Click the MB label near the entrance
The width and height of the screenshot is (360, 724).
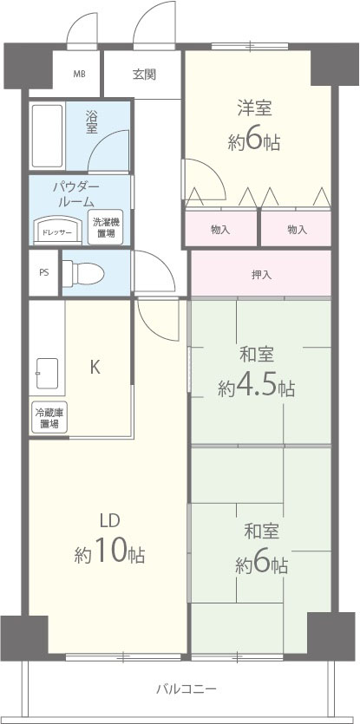click(x=79, y=75)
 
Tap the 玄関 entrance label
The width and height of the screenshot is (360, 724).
click(x=144, y=75)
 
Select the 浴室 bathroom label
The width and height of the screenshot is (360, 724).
click(x=91, y=121)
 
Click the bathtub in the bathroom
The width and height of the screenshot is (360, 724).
click(x=46, y=135)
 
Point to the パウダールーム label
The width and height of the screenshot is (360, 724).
click(x=76, y=194)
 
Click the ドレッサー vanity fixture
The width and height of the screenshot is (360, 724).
click(x=56, y=232)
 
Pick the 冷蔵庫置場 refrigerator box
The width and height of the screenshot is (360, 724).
click(x=48, y=419)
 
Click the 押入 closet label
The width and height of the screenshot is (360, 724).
click(x=261, y=275)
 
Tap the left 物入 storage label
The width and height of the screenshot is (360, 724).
click(x=220, y=230)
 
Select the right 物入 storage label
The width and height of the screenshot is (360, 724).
click(x=297, y=230)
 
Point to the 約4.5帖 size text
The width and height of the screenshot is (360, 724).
click(x=257, y=387)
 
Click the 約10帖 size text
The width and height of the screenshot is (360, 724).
click(x=109, y=552)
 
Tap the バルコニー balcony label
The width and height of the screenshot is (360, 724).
click(x=187, y=689)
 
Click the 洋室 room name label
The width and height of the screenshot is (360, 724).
click(x=256, y=108)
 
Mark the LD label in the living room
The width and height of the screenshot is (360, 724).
click(x=108, y=520)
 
